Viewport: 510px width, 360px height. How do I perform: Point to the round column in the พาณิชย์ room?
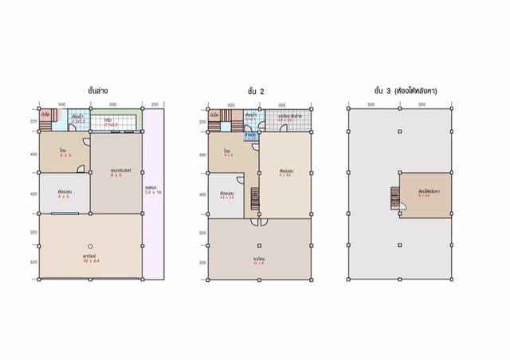[x=91, y=245]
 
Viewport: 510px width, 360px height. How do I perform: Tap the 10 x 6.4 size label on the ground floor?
[x=90, y=260]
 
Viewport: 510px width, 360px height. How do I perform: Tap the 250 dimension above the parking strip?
[x=155, y=104]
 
